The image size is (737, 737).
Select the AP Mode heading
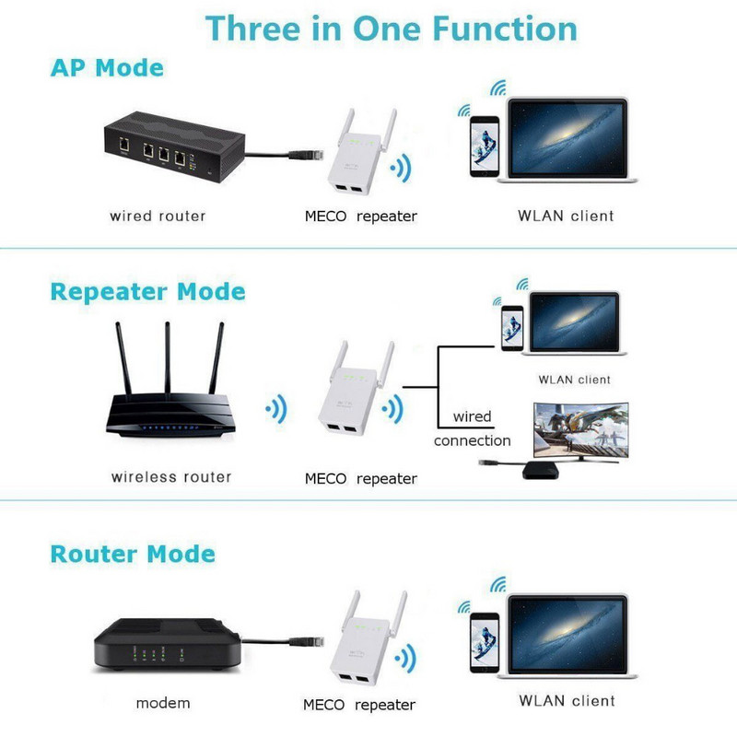tap(107, 68)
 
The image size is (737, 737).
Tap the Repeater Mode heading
tap(147, 292)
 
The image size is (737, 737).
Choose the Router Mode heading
tap(133, 555)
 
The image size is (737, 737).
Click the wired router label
tap(158, 216)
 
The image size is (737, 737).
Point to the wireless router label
tap(171, 477)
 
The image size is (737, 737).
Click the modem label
tap(163, 703)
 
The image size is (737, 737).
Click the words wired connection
tap(472, 428)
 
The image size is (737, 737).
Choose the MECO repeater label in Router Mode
tap(359, 705)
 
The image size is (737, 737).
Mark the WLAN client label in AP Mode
tap(566, 216)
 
